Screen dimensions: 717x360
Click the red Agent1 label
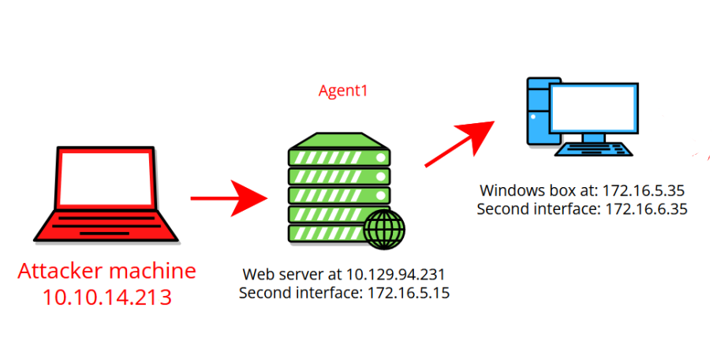click(343, 91)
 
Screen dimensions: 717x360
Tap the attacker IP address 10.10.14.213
click(107, 296)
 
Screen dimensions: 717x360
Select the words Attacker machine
click(107, 271)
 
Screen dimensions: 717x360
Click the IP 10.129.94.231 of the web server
click(395, 274)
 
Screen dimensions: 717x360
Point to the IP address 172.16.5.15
click(409, 292)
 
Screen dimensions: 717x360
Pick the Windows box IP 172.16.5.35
click(644, 190)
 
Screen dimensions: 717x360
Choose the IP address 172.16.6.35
click(647, 209)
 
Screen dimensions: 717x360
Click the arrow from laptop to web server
click(229, 198)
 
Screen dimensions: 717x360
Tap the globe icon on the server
click(385, 229)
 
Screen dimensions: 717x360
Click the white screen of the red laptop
click(106, 178)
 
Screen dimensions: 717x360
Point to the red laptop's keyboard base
click(106, 226)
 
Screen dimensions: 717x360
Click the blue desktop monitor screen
click(593, 108)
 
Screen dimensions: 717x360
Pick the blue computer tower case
click(538, 111)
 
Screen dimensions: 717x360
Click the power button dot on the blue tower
click(533, 117)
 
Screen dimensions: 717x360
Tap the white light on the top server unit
click(380, 158)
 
